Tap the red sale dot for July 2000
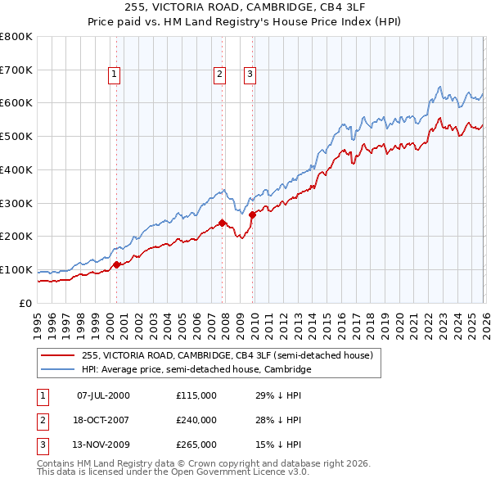click(116, 264)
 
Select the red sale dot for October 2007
click(222, 222)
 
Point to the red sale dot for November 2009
click(252, 214)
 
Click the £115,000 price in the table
click(196, 395)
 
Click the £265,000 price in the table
click(196, 445)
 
